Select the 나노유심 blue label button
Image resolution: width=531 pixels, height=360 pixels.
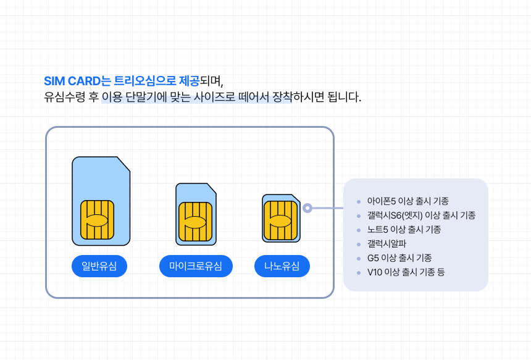click(x=282, y=266)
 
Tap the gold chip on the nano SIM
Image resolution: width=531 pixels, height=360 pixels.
click(x=281, y=220)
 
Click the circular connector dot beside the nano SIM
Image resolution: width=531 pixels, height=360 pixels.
click(x=307, y=208)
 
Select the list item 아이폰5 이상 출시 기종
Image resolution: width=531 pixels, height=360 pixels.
click(x=408, y=201)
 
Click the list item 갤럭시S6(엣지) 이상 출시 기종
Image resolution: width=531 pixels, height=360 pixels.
click(x=421, y=216)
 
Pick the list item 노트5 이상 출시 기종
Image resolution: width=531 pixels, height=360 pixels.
click(x=404, y=230)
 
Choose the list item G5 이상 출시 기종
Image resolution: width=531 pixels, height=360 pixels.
click(x=399, y=258)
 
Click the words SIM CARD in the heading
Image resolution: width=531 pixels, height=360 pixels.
click(x=72, y=82)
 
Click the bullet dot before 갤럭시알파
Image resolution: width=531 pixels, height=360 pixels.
click(x=358, y=244)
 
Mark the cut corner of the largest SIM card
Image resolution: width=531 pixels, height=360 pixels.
click(x=124, y=164)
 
